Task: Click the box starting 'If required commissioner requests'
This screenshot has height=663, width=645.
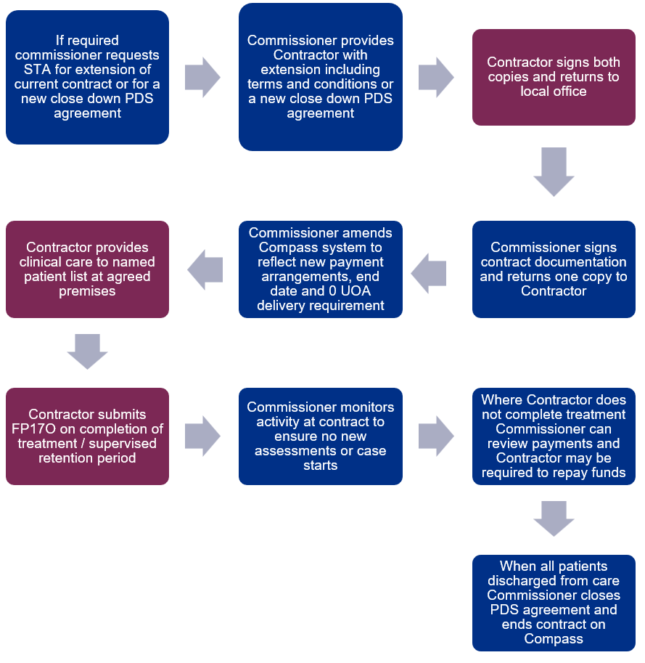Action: click(88, 78)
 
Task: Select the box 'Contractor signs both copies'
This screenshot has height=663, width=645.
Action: click(554, 78)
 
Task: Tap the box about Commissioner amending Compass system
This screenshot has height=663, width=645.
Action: click(321, 269)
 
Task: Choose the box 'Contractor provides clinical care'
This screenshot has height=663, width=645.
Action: click(88, 269)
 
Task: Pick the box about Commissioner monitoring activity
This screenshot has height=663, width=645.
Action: click(321, 436)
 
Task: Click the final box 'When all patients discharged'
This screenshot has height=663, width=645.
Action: click(554, 603)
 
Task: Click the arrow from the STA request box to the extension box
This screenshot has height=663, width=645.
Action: click(202, 78)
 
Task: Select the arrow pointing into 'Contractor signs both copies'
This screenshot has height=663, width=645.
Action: click(436, 78)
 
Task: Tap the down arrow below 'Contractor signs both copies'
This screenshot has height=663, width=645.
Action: click(554, 172)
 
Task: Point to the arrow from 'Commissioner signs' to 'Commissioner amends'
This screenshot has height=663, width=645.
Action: click(428, 274)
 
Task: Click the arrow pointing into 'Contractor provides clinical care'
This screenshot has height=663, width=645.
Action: click(205, 269)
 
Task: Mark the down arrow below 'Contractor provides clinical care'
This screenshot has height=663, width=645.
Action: click(88, 351)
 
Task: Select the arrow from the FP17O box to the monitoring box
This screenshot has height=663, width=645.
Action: click(202, 436)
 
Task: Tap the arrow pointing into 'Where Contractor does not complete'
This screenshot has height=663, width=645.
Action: click(436, 436)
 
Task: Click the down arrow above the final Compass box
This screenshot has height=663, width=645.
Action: click(554, 518)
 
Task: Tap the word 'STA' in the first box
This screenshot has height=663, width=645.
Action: click(37, 69)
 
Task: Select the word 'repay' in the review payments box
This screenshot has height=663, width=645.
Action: click(570, 473)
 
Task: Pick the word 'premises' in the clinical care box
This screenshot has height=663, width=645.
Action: click(88, 291)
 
